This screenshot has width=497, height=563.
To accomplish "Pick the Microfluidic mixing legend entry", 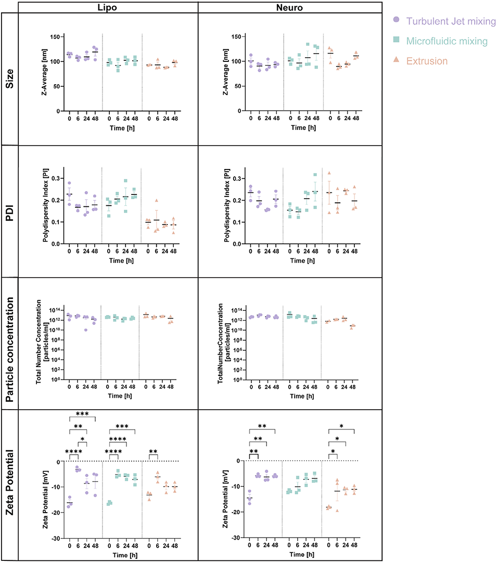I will (x=445, y=41).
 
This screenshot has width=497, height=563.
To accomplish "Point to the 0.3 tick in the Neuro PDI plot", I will (x=235, y=178).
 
